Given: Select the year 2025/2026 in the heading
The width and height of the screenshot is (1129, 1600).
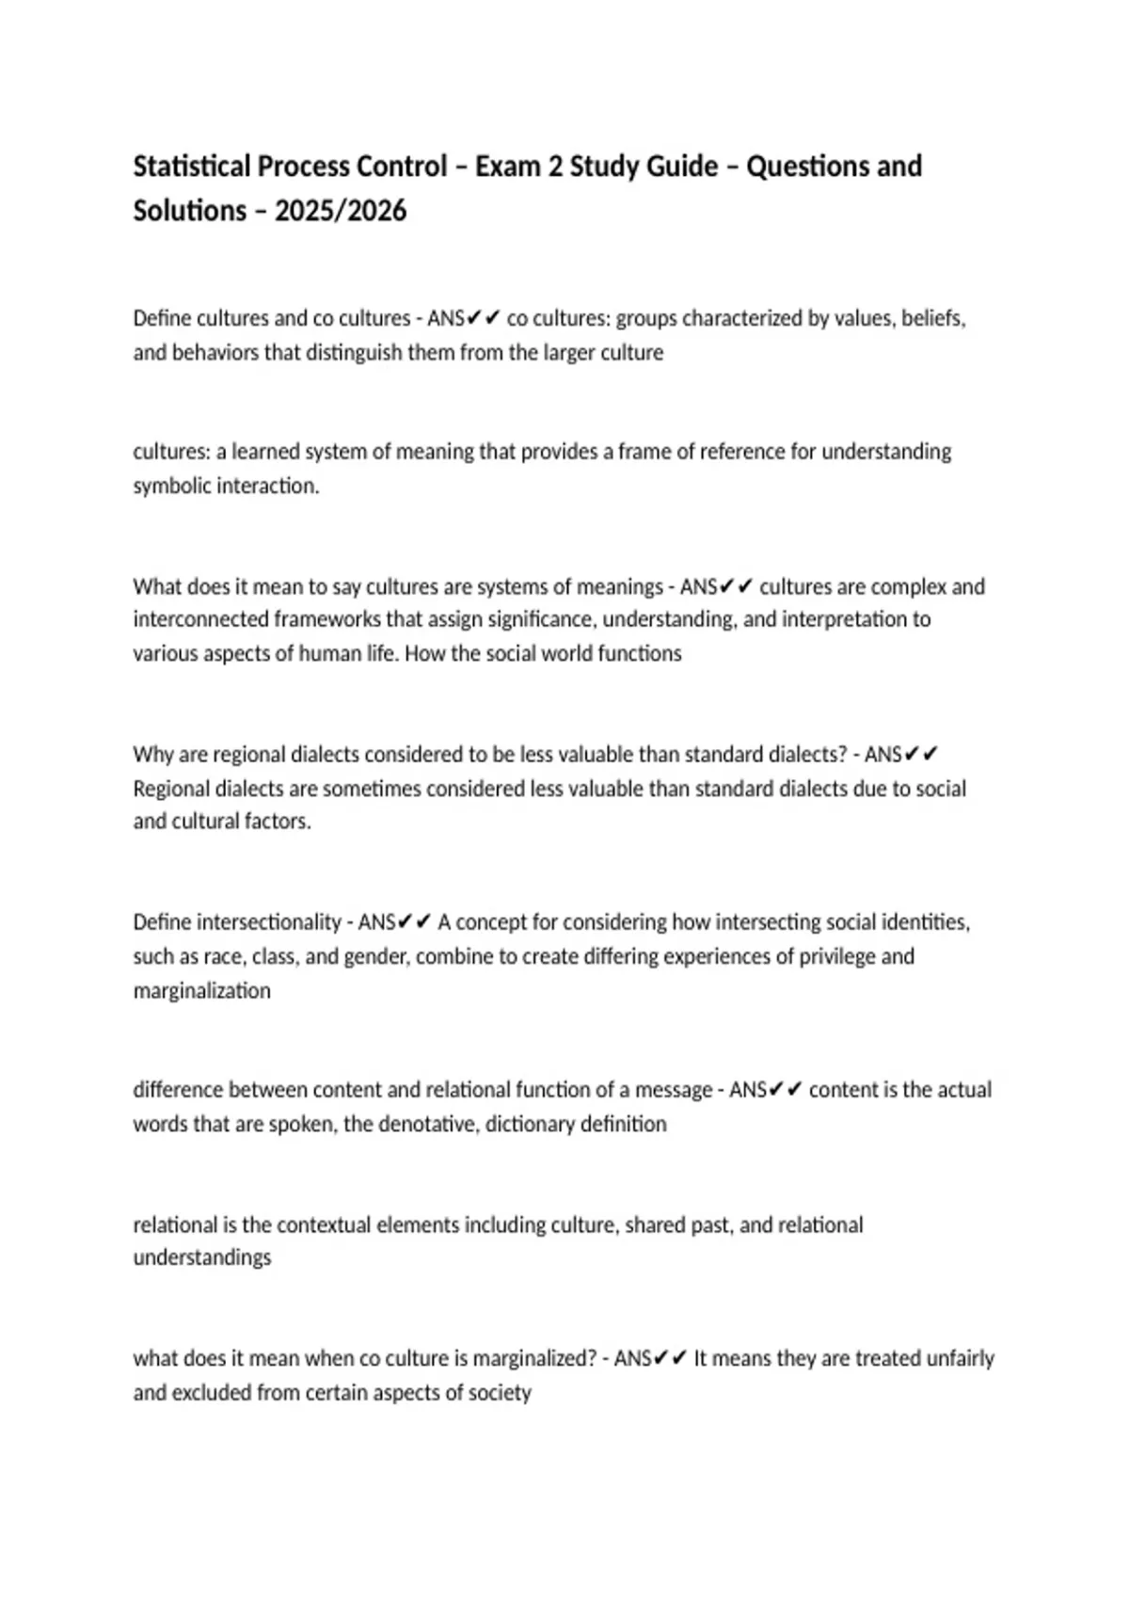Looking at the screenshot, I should click(341, 211).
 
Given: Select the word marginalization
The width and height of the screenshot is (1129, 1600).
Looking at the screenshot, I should click(201, 991).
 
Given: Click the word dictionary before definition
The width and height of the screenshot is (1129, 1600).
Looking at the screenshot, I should click(529, 1125).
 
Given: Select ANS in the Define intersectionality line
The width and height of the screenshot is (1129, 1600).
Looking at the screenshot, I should click(377, 922).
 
